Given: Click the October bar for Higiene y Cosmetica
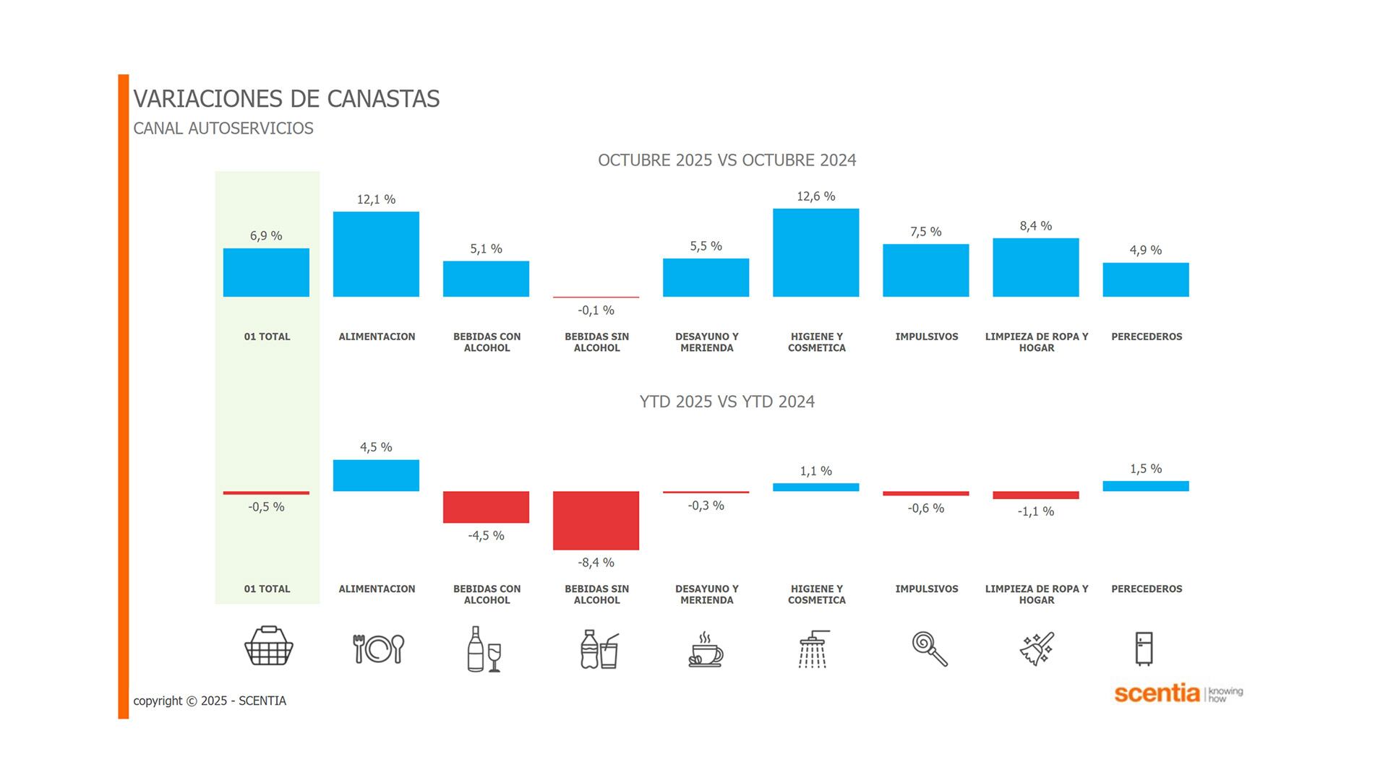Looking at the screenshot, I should [x=815, y=253].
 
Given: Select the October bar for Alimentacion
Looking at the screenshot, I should [x=376, y=254].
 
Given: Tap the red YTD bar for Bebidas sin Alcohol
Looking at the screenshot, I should [x=596, y=520].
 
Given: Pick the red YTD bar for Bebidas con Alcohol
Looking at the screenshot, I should [x=486, y=507].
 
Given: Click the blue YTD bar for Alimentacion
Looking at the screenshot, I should [x=376, y=475].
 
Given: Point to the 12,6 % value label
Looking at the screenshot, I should [x=815, y=196].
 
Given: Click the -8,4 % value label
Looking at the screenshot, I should [x=596, y=563].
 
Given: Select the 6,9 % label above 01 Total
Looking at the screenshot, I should [x=266, y=236].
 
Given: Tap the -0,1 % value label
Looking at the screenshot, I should [x=596, y=311].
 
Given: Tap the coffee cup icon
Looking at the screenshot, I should [x=706, y=649].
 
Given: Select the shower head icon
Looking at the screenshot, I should [x=814, y=649].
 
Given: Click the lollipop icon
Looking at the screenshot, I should [x=929, y=648].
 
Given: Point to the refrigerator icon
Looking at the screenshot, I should [x=1144, y=649].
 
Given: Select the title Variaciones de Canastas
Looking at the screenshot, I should [x=286, y=99].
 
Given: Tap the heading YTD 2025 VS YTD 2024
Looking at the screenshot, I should [x=727, y=402].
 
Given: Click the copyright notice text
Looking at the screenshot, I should [x=210, y=701].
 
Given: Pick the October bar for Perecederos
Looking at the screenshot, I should [x=1145, y=279].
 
